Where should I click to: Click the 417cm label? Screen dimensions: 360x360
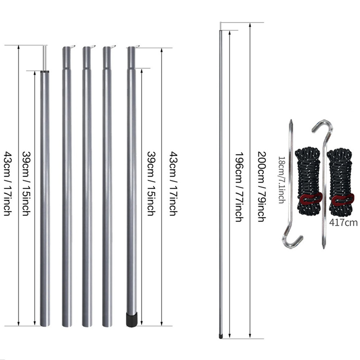[x=343, y=222]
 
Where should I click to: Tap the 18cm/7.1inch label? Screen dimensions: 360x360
[x=282, y=180]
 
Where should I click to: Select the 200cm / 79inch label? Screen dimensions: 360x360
[x=262, y=186]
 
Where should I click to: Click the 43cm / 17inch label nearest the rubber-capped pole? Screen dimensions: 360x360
[x=174, y=184]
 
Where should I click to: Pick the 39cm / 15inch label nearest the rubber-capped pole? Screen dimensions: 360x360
[x=151, y=184]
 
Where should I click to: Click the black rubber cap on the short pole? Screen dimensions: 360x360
[x=132, y=319]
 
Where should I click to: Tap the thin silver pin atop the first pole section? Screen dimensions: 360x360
[x=45, y=58]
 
